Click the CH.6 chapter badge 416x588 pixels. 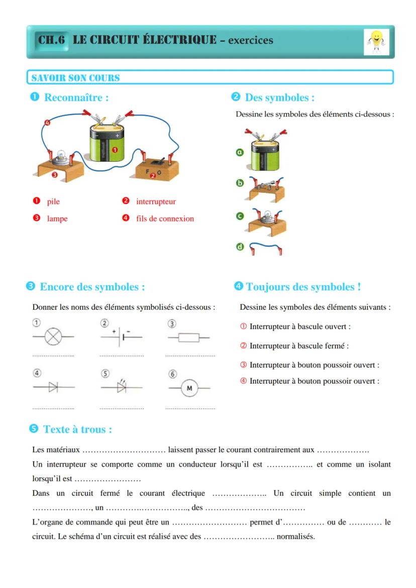[52, 40]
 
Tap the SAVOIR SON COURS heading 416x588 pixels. [75, 78]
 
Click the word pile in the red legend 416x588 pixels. [53, 201]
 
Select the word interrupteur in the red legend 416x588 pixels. [156, 201]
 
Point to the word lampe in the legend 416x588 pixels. [57, 219]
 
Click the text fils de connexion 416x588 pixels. [165, 219]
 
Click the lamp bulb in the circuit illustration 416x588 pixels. [61, 155]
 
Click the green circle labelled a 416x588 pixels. [240, 152]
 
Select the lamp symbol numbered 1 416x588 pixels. [52, 337]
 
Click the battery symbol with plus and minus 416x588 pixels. [121, 337]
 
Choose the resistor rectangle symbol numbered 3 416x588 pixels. [189, 338]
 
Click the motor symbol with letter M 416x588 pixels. [189, 388]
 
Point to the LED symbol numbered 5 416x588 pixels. [121, 387]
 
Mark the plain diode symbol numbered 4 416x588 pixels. [53, 387]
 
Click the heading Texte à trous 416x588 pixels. [77, 429]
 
